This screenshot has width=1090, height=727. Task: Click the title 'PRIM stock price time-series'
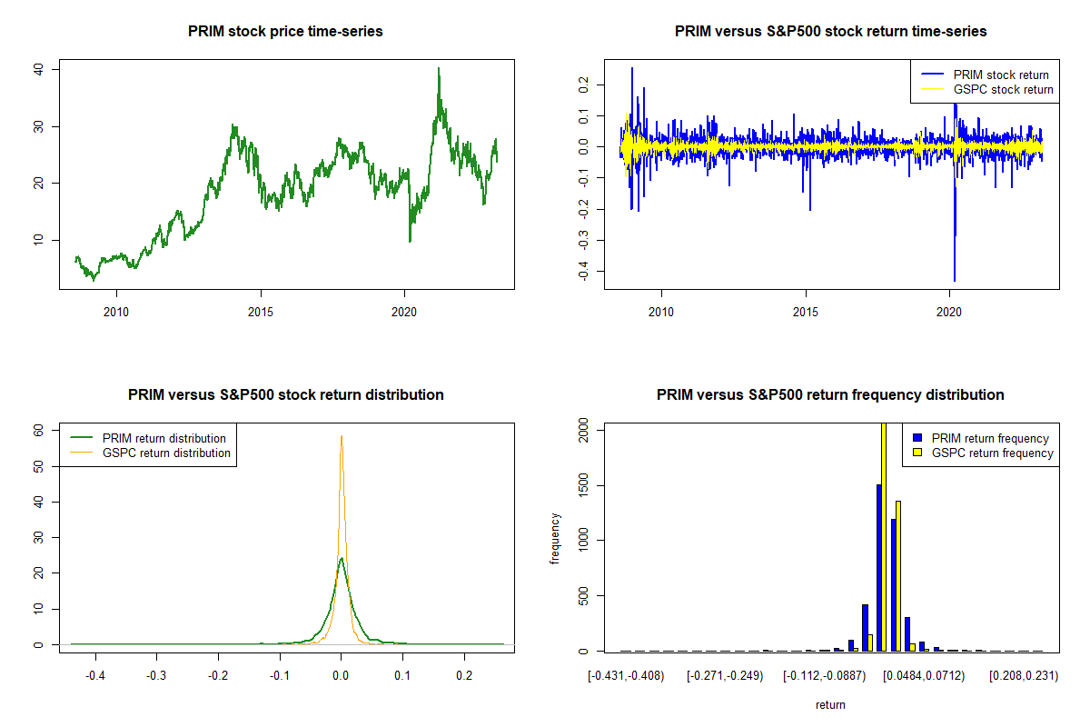point(285,32)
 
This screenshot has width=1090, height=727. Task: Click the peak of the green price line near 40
point(438,69)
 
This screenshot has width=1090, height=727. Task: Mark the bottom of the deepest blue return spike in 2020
point(955,280)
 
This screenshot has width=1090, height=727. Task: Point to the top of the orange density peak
point(342,436)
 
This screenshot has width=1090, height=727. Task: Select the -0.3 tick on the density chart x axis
point(155,677)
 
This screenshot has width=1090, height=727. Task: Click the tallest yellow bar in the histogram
point(884,536)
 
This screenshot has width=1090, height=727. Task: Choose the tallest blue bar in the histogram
point(878,568)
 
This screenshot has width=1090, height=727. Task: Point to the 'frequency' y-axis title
point(555,540)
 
